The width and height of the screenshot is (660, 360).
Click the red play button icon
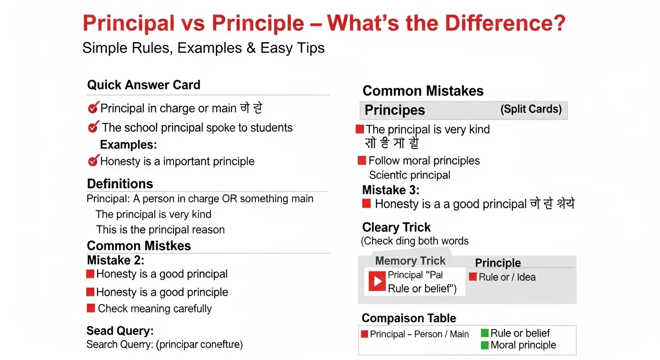(x=377, y=281)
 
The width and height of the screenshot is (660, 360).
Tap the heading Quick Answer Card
(x=143, y=85)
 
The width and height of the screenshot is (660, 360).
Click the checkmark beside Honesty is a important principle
(x=93, y=161)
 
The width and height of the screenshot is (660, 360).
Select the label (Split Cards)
(x=531, y=109)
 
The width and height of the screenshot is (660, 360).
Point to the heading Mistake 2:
(x=115, y=260)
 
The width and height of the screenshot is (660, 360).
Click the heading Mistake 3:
(x=390, y=190)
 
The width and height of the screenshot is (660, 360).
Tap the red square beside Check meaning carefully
(x=91, y=308)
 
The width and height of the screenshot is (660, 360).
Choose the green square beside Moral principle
(x=485, y=345)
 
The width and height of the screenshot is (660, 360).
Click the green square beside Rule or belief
(x=485, y=333)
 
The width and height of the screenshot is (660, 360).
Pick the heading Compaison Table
(x=409, y=318)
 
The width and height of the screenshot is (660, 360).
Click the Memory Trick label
(x=410, y=261)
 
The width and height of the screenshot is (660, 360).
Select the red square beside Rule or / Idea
(x=473, y=277)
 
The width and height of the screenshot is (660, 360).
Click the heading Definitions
(x=120, y=183)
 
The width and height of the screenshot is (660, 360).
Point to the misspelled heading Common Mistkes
(x=139, y=246)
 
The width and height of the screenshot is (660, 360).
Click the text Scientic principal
(x=409, y=175)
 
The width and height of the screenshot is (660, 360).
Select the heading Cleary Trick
(x=396, y=227)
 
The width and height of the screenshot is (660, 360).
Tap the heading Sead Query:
(x=120, y=331)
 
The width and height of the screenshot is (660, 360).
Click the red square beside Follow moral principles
(x=361, y=161)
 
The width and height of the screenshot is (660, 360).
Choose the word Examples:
(x=128, y=144)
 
